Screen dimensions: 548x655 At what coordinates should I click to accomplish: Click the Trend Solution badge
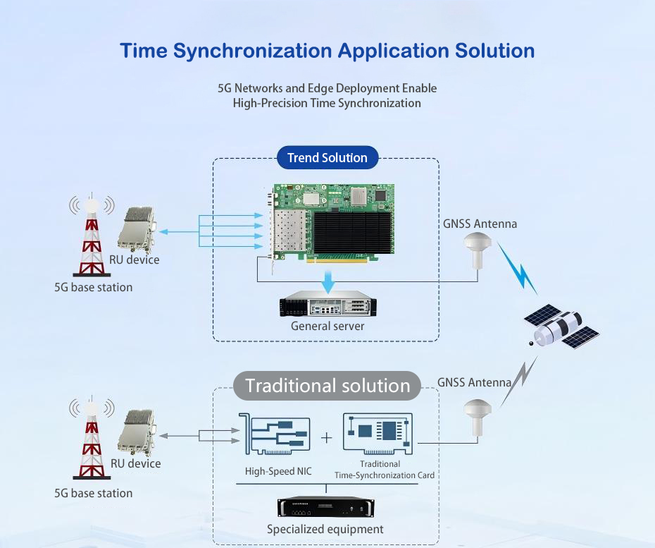[x=327, y=158]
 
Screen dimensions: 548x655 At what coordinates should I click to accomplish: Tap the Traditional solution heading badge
[x=327, y=386]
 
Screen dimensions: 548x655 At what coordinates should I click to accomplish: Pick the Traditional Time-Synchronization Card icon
[x=378, y=432]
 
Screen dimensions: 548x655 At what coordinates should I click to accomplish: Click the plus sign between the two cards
[x=327, y=438]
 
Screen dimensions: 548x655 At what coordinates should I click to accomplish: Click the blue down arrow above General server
[x=328, y=281]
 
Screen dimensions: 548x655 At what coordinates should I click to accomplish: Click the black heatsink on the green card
[x=351, y=232]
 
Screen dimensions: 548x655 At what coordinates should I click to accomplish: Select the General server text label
[x=327, y=326]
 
